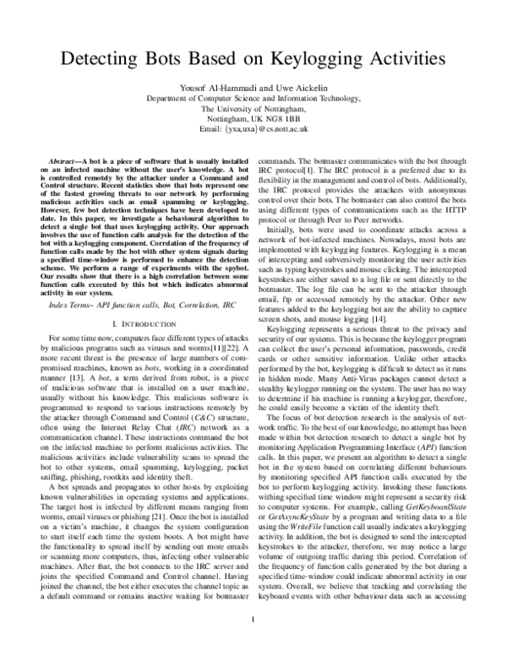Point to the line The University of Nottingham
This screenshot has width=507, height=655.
tap(253, 109)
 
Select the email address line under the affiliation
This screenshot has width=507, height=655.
tap(253, 130)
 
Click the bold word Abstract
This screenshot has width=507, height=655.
tap(64, 160)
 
